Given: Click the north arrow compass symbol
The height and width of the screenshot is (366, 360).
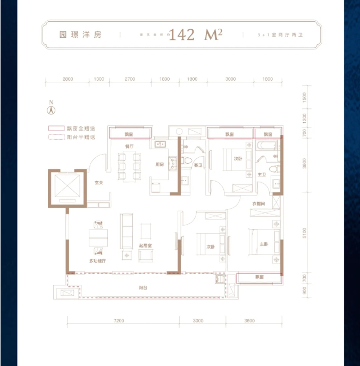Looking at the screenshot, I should click(x=51, y=110).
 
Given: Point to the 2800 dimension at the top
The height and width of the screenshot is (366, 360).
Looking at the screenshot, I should click(x=67, y=79).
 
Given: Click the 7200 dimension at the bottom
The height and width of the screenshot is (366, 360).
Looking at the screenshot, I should click(x=118, y=321).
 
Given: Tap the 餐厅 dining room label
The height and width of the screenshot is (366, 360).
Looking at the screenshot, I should click(x=129, y=146).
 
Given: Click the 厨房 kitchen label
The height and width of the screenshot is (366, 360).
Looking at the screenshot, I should click(x=159, y=165).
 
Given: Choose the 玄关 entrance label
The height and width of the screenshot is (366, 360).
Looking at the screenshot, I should click(x=98, y=183).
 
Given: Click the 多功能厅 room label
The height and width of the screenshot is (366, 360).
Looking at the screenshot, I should click(x=98, y=261).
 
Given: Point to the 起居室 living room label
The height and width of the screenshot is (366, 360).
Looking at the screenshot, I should click(x=146, y=245).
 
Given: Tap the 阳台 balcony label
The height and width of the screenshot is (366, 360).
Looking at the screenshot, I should click(x=143, y=287).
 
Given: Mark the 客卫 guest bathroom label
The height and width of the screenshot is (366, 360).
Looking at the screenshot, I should click(x=198, y=165).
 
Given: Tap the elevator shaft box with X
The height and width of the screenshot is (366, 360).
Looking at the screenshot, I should click(x=66, y=187).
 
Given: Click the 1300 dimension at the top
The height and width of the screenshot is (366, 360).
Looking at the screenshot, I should click(x=98, y=79).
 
